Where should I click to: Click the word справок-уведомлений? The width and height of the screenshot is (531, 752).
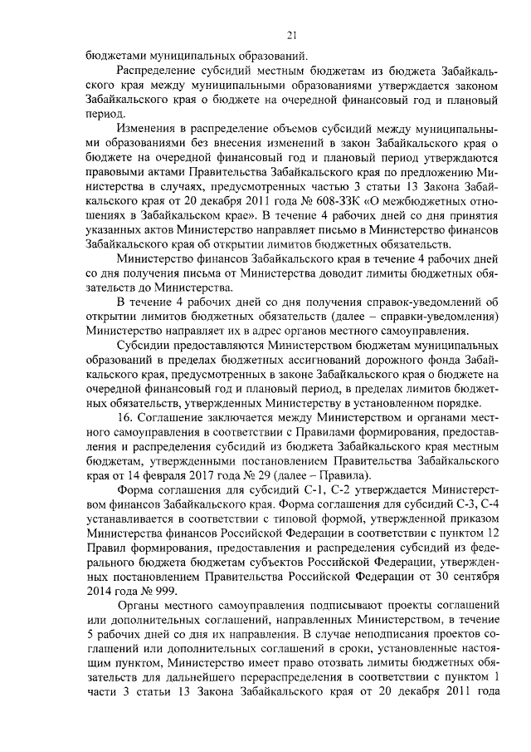(x=433, y=301)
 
